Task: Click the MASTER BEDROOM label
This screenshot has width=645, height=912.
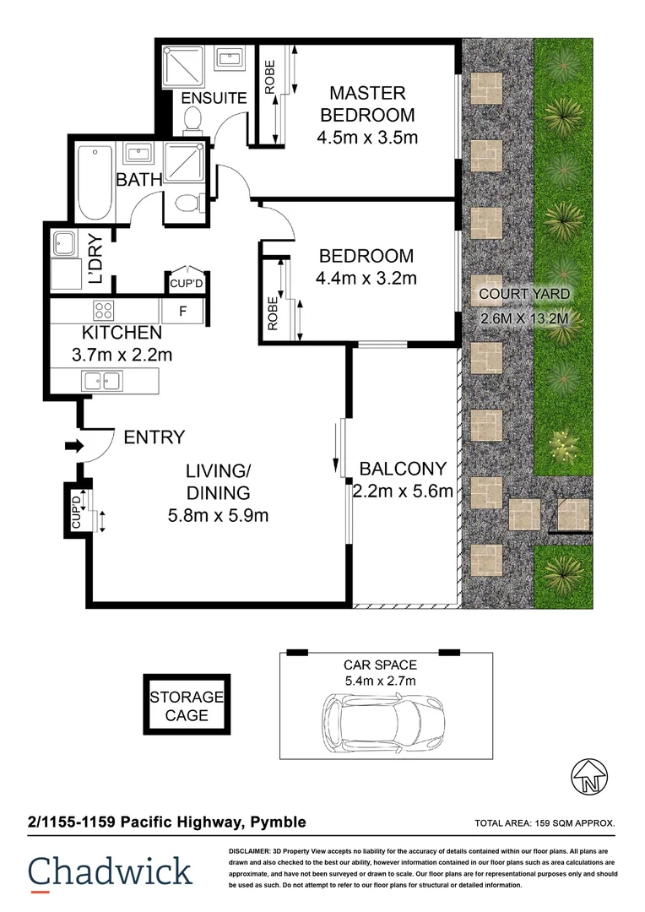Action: coord(367,104)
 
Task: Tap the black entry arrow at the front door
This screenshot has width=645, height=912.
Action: coord(73,446)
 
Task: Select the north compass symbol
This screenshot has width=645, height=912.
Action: coord(590,777)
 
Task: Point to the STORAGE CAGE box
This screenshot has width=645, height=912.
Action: coord(187,705)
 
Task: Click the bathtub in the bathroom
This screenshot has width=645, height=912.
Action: coord(95,182)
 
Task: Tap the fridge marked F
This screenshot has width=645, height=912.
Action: coord(182,311)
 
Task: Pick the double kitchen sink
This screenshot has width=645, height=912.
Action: coord(102,381)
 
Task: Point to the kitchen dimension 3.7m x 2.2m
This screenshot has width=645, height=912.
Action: coord(122,355)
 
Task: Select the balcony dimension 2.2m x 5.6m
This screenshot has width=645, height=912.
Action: coord(403,491)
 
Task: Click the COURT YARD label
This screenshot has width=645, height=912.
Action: coord(524,294)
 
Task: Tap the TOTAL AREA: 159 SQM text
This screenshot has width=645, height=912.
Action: coord(545,823)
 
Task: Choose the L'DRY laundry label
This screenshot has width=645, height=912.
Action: coord(95,258)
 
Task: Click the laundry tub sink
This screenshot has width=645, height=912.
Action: coord(64,243)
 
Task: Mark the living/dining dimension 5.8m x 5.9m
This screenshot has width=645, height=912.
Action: coord(218,515)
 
